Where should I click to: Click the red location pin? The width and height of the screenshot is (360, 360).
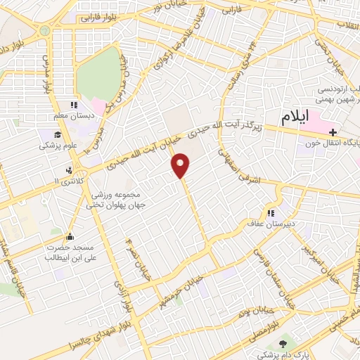tap(181, 165)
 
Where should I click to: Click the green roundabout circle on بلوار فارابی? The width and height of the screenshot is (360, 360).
tap(44, 30)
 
